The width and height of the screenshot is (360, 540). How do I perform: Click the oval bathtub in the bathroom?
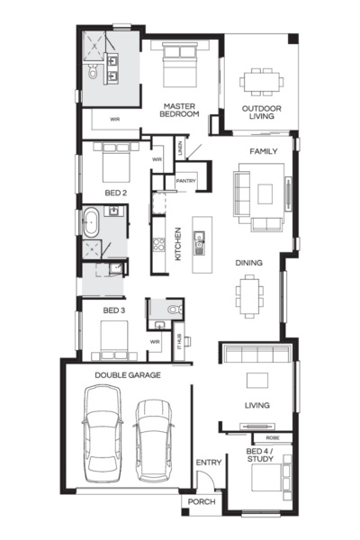pyautogui.click(x=93, y=222)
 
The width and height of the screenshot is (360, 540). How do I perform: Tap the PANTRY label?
pyautogui.click(x=186, y=181)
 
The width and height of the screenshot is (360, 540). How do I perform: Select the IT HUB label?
pyautogui.click(x=178, y=341)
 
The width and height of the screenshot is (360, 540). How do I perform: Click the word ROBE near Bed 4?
pyautogui.click(x=272, y=437)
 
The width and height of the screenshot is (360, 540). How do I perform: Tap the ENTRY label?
pyautogui.click(x=209, y=463)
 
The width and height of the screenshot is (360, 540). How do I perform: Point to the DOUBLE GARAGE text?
pyautogui.click(x=127, y=374)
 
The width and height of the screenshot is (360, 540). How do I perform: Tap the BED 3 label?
pyautogui.click(x=112, y=311)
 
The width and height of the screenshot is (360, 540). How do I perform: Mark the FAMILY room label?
pyautogui.click(x=263, y=151)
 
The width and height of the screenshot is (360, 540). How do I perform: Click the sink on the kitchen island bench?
pyautogui.click(x=200, y=238)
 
